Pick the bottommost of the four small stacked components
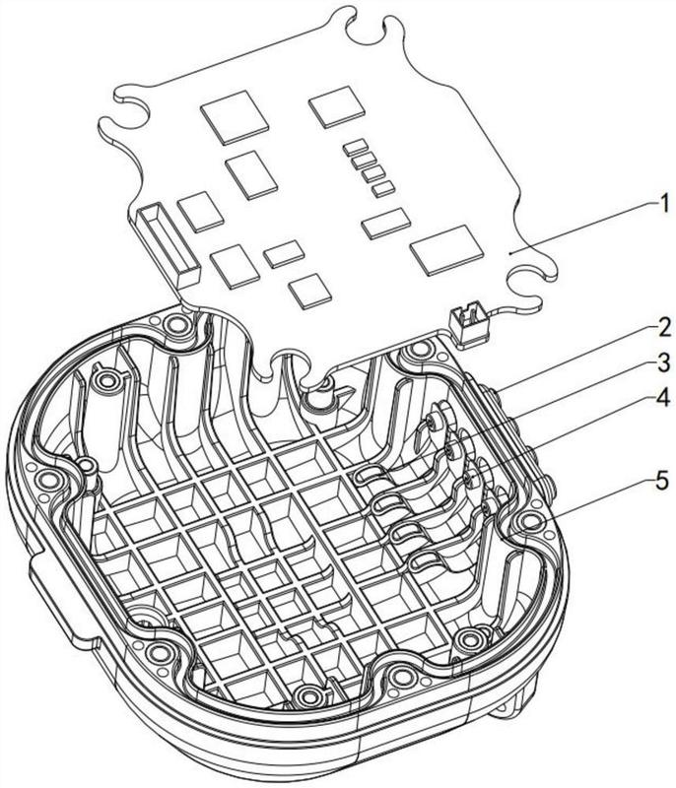click(384, 186)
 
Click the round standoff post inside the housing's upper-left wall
click(106, 377)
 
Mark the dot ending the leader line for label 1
click(508, 252)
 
